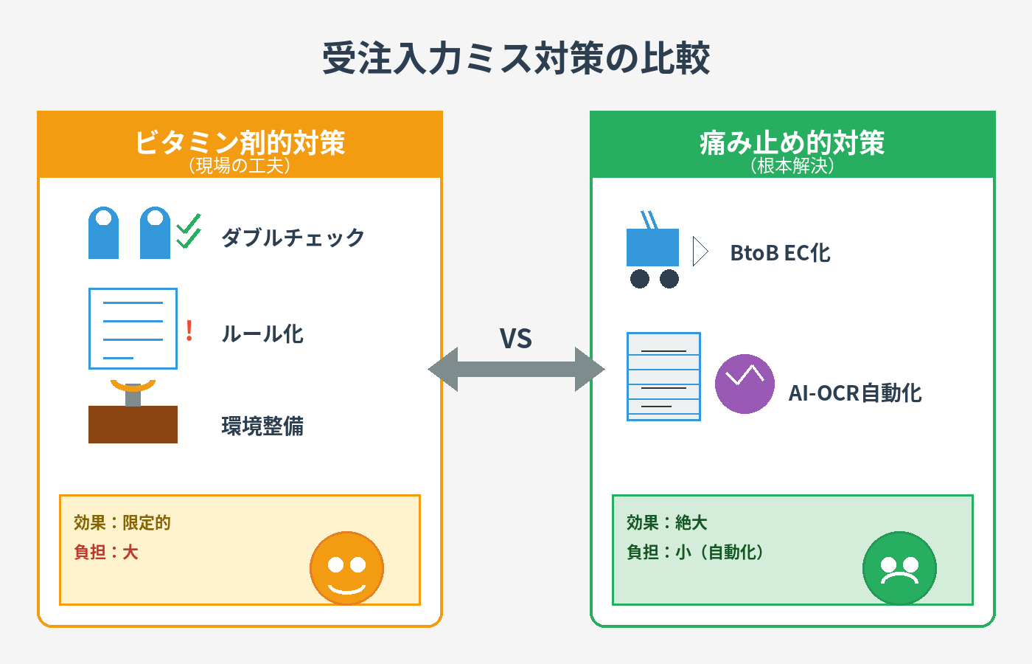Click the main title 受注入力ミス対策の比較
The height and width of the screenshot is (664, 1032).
(516, 58)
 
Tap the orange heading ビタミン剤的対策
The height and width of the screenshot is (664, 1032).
(240, 142)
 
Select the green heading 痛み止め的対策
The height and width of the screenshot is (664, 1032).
(792, 142)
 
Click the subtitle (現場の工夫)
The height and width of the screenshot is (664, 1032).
(240, 165)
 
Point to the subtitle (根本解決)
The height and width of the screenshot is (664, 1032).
(792, 165)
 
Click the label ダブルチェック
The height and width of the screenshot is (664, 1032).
(293, 238)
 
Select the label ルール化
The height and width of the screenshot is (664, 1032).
(262, 333)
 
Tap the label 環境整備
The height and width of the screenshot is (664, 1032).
(262, 426)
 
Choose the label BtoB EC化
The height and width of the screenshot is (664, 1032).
(781, 253)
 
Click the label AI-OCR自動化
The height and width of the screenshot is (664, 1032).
(855, 393)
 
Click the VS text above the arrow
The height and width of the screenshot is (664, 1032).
(516, 339)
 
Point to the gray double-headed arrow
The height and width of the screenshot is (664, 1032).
(516, 370)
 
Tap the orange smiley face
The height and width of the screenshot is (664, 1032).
(347, 568)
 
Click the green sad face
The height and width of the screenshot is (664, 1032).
(900, 568)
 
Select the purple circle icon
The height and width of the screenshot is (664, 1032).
(745, 384)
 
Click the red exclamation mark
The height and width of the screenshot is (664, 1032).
(189, 331)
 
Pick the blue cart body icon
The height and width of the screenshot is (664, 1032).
(652, 247)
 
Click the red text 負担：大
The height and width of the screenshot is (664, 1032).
(106, 552)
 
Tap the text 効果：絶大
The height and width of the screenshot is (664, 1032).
(666, 522)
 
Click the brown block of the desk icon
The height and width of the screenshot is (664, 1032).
(133, 424)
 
